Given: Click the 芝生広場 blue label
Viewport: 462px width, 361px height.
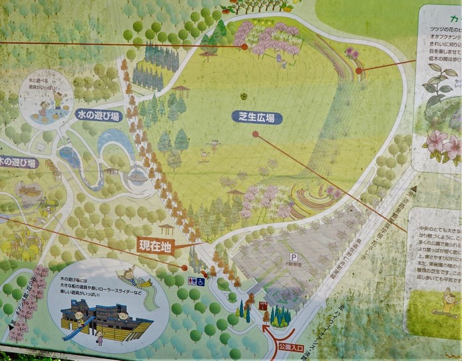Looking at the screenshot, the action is click(x=257, y=117).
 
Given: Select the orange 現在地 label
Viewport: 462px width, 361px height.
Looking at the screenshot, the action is click(x=155, y=245).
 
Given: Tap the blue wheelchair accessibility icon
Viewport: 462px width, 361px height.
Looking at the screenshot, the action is click(x=200, y=281).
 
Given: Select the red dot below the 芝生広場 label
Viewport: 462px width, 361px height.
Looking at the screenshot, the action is click(x=255, y=133).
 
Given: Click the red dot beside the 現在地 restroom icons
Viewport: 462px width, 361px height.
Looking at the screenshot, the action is click(x=184, y=267).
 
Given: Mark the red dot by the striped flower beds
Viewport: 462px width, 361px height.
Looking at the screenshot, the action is click(x=358, y=71).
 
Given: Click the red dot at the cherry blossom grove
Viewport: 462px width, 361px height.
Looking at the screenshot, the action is click(x=244, y=47).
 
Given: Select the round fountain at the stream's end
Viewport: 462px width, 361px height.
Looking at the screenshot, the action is click(x=137, y=176).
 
